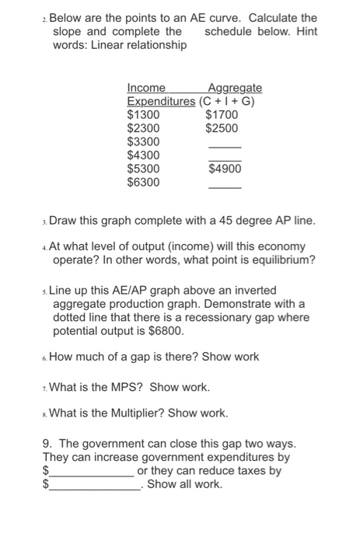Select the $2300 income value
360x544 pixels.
[x=143, y=128]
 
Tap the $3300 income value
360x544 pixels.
[x=143, y=142]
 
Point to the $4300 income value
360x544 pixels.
[x=143, y=155]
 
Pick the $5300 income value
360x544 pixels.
[x=143, y=169]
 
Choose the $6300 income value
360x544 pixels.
[x=143, y=183]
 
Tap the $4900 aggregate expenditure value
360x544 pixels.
[x=225, y=169]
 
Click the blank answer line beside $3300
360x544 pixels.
[x=225, y=146]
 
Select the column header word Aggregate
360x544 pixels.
[x=235, y=88]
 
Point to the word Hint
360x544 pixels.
[x=304, y=31]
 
